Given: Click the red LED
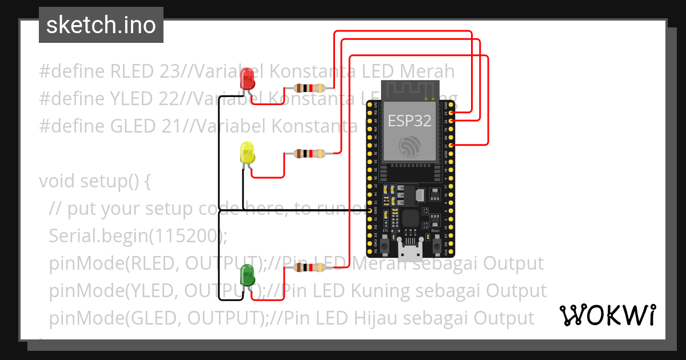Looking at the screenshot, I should coord(248,79).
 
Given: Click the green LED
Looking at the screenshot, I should coord(248,275).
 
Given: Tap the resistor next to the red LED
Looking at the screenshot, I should coord(309,88).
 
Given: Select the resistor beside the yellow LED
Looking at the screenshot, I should coord(309,153).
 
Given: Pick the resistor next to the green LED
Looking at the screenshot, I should coord(309,267).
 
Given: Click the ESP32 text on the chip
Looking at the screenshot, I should coord(410,121).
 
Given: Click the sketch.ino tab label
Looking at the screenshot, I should coord(101,25).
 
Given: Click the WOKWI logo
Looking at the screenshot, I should coord(608,315).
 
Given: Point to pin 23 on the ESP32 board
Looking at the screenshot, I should coord(452,113).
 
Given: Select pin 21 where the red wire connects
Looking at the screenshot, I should coord(452,146).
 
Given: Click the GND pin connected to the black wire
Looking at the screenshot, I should coord(369,211).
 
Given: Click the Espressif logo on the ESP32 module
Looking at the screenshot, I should coord(410,147).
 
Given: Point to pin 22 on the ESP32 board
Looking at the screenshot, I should coord(452,121).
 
